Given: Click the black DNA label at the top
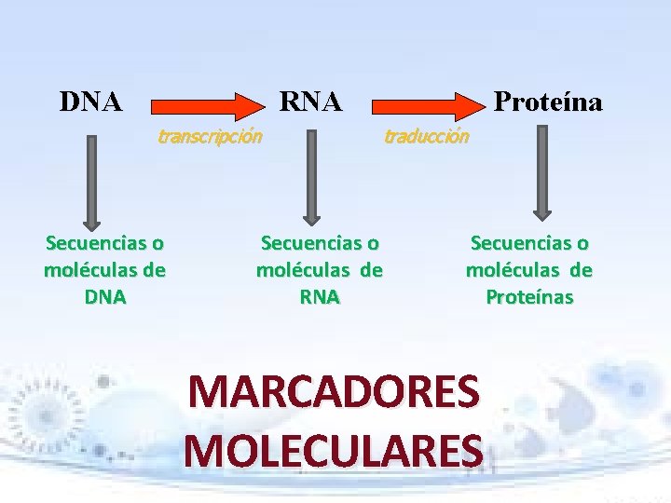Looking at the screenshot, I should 90,101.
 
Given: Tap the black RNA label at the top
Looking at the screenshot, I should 310,101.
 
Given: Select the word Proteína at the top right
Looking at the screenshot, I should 548,101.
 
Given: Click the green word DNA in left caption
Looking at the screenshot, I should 104,297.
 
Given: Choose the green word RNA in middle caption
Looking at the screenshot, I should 320,297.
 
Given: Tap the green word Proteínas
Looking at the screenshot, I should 529,297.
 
